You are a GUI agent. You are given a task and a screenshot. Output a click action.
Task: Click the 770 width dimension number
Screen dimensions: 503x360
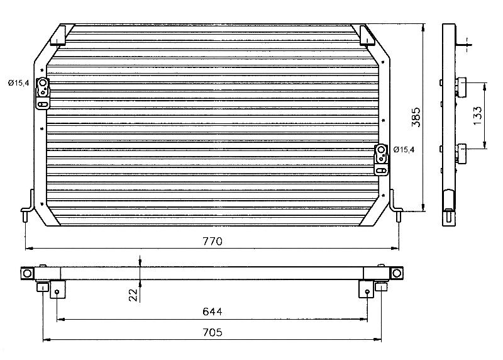tap(213, 241)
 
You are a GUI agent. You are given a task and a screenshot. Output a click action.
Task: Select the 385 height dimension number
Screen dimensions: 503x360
tap(416, 117)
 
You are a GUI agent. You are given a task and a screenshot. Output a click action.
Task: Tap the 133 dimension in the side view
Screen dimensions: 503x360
tap(477, 116)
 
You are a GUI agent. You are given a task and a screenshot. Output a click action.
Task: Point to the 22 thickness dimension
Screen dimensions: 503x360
tap(133, 295)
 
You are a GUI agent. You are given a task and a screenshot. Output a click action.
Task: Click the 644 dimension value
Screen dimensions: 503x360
tap(213, 312)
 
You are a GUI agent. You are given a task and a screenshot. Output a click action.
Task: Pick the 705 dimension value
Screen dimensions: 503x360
tap(213, 332)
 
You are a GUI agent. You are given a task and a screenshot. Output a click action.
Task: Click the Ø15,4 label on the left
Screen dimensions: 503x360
tap(19, 83)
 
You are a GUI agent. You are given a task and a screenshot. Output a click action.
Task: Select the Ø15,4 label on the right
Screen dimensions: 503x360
tap(404, 149)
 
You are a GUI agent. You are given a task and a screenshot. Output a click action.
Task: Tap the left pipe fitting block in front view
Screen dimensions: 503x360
tap(43, 93)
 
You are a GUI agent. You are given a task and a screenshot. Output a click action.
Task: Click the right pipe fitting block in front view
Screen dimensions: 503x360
tap(382, 160)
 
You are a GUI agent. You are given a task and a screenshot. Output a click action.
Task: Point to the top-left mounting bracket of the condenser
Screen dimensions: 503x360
tap(58, 35)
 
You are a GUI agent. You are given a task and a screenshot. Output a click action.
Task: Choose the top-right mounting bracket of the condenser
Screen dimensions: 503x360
tap(367, 35)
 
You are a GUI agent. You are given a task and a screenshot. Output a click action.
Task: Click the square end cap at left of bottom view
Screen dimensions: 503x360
tap(27, 273)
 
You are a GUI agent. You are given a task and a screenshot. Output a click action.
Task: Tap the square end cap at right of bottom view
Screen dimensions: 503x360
tap(397, 273)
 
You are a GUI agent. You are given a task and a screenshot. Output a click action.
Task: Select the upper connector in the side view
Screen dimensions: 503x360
tap(461, 86)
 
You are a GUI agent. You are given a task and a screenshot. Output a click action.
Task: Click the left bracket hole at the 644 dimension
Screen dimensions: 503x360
tap(57, 292)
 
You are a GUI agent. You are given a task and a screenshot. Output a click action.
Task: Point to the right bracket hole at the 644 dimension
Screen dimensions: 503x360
tap(368, 292)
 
